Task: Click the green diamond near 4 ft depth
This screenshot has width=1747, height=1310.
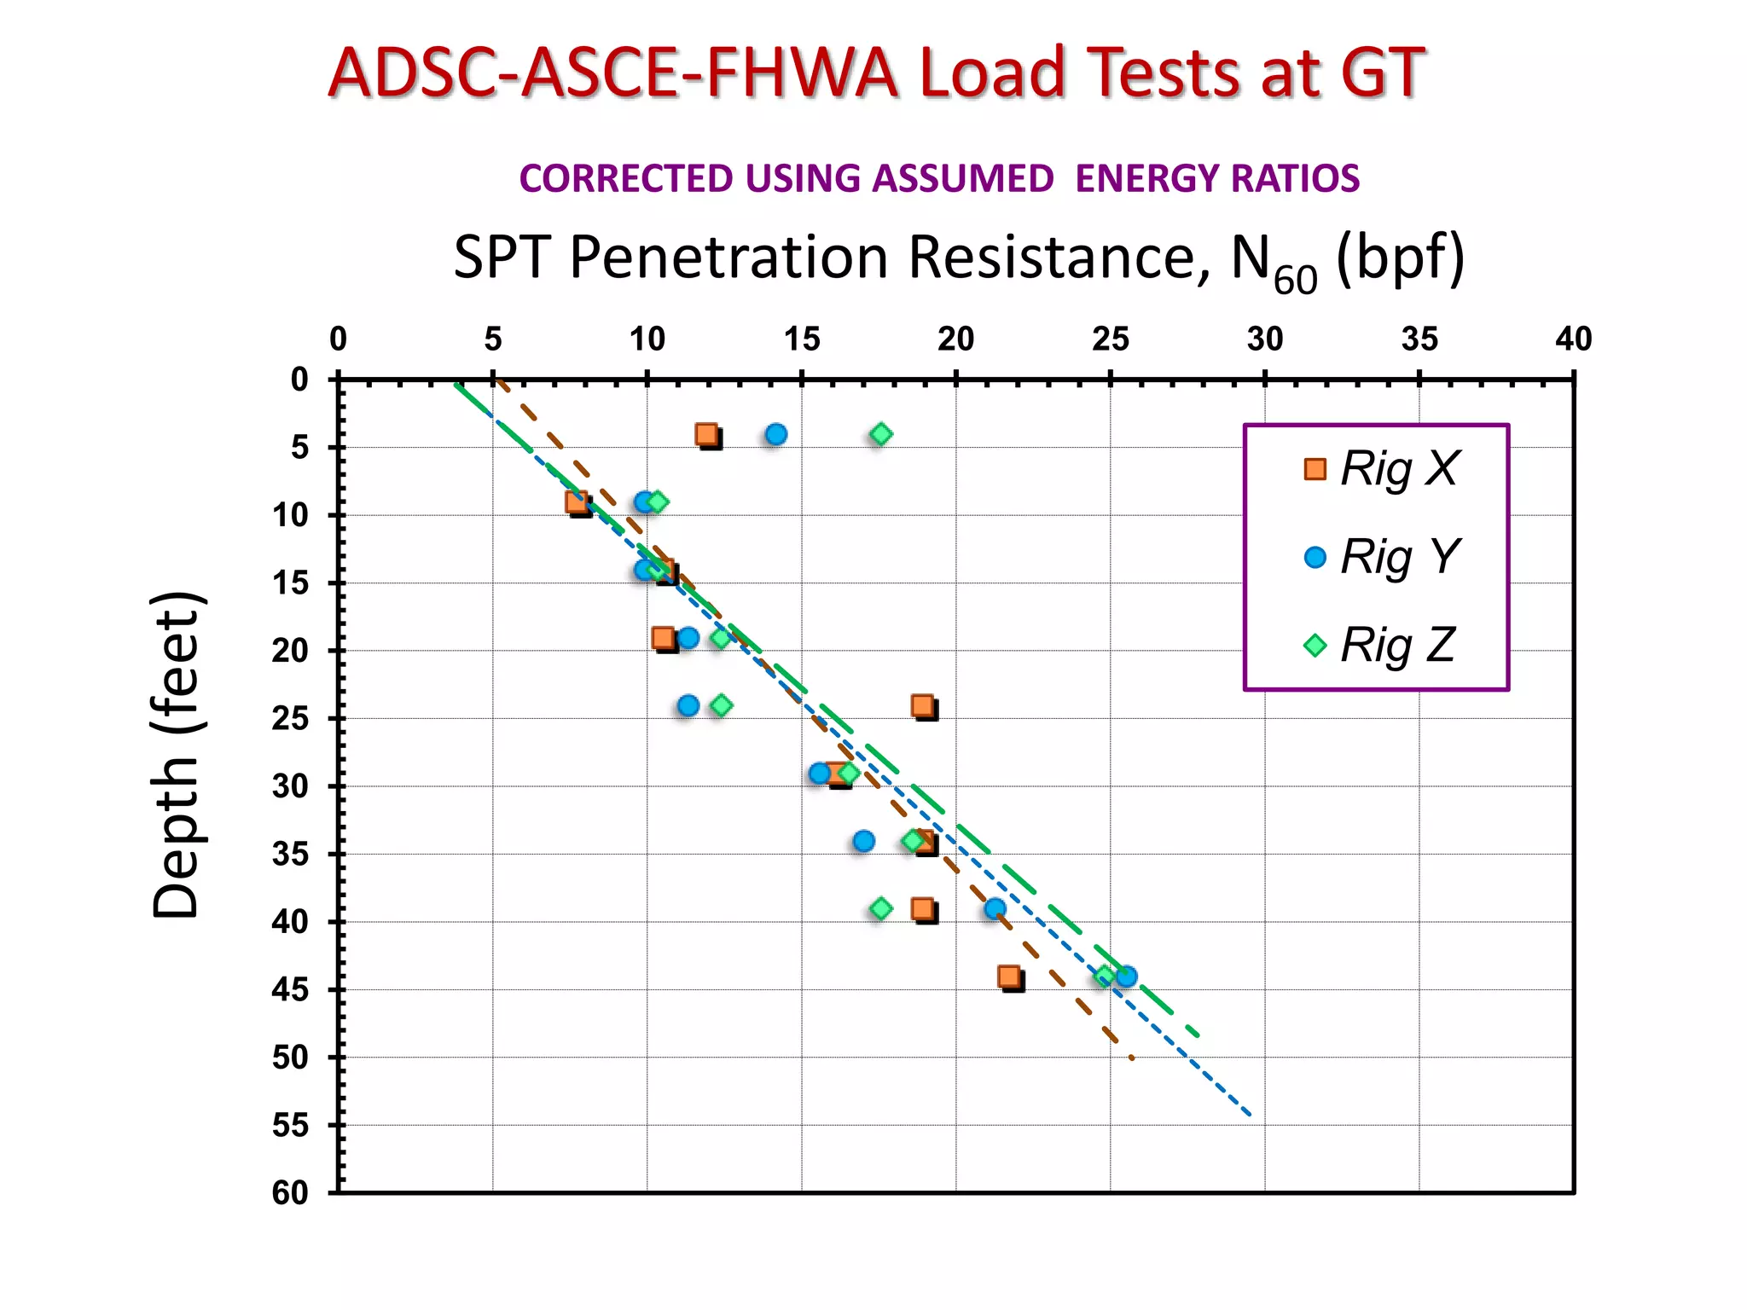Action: click(881, 434)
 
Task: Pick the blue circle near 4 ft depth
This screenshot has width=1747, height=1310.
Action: click(775, 434)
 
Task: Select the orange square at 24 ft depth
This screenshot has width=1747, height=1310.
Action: click(922, 705)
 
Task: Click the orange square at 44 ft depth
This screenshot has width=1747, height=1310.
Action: click(1009, 977)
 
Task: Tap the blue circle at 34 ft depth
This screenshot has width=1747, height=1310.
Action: click(863, 841)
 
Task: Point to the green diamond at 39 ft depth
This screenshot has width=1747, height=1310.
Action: click(881, 909)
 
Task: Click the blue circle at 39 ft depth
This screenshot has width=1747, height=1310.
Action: click(995, 909)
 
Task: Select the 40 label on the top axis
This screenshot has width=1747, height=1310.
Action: click(1573, 339)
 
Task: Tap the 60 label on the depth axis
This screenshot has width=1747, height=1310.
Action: click(290, 1192)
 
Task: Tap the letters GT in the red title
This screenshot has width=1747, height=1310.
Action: click(1382, 73)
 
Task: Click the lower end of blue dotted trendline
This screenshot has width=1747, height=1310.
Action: click(1250, 1115)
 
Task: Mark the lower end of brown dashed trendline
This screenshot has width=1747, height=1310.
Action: click(1131, 1058)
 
